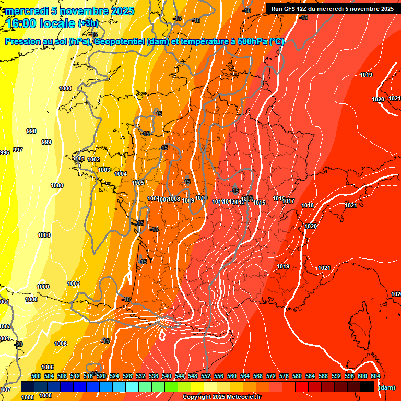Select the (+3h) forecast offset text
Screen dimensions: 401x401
(90, 24)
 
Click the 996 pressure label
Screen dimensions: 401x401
(5, 152)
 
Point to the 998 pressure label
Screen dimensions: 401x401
(31, 131)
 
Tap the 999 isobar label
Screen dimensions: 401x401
(46, 142)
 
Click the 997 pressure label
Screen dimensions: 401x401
(18, 150)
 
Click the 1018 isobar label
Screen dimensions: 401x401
(308, 205)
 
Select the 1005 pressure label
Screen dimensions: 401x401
(138, 183)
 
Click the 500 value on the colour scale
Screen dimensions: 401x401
(36, 376)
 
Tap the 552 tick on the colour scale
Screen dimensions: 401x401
(206, 376)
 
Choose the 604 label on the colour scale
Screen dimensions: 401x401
(375, 376)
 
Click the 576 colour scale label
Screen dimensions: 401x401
(284, 376)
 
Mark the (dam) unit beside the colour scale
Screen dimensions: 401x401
(387, 387)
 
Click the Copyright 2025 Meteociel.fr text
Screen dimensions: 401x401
(221, 397)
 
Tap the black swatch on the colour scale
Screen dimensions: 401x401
(367, 386)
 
